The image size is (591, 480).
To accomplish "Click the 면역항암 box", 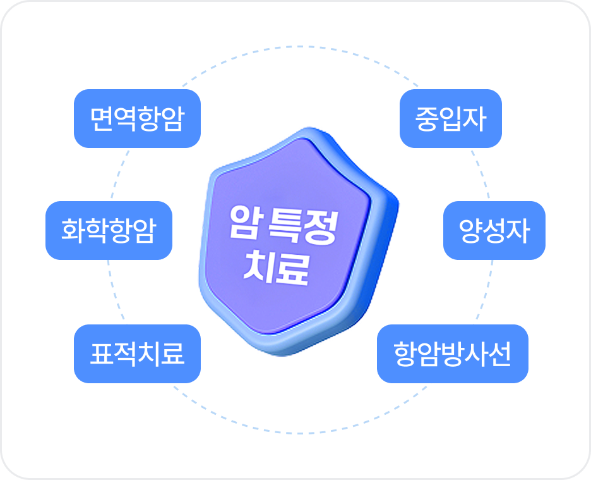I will point(137,118).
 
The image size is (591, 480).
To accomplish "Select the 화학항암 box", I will point(109,230).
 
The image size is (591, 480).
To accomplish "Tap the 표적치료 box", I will point(137,354).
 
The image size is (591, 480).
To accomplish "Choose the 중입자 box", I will point(451,118).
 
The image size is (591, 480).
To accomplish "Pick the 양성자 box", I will point(494,230).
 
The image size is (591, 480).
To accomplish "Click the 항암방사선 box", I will point(452,354).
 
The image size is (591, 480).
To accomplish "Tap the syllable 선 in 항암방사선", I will point(499,354).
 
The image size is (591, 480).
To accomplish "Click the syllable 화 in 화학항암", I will point(73,230).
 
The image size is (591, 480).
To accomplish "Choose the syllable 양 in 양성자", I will point(470,230).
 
